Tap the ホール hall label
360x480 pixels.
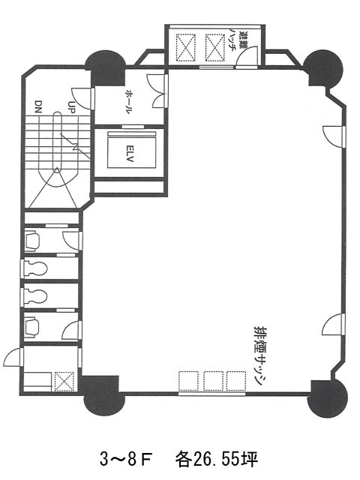[130, 102]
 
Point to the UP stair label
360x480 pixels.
[71, 106]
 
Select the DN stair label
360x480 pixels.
[38, 106]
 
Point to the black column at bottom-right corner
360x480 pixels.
[328, 398]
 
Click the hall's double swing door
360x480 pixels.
[158, 91]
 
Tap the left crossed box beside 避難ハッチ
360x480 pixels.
[185, 48]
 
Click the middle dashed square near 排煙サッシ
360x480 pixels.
[213, 381]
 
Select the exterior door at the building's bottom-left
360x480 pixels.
[13, 357]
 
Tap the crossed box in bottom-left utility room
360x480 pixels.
[64, 382]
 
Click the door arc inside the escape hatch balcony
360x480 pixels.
[247, 56]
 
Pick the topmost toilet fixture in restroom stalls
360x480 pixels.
[31, 241]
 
